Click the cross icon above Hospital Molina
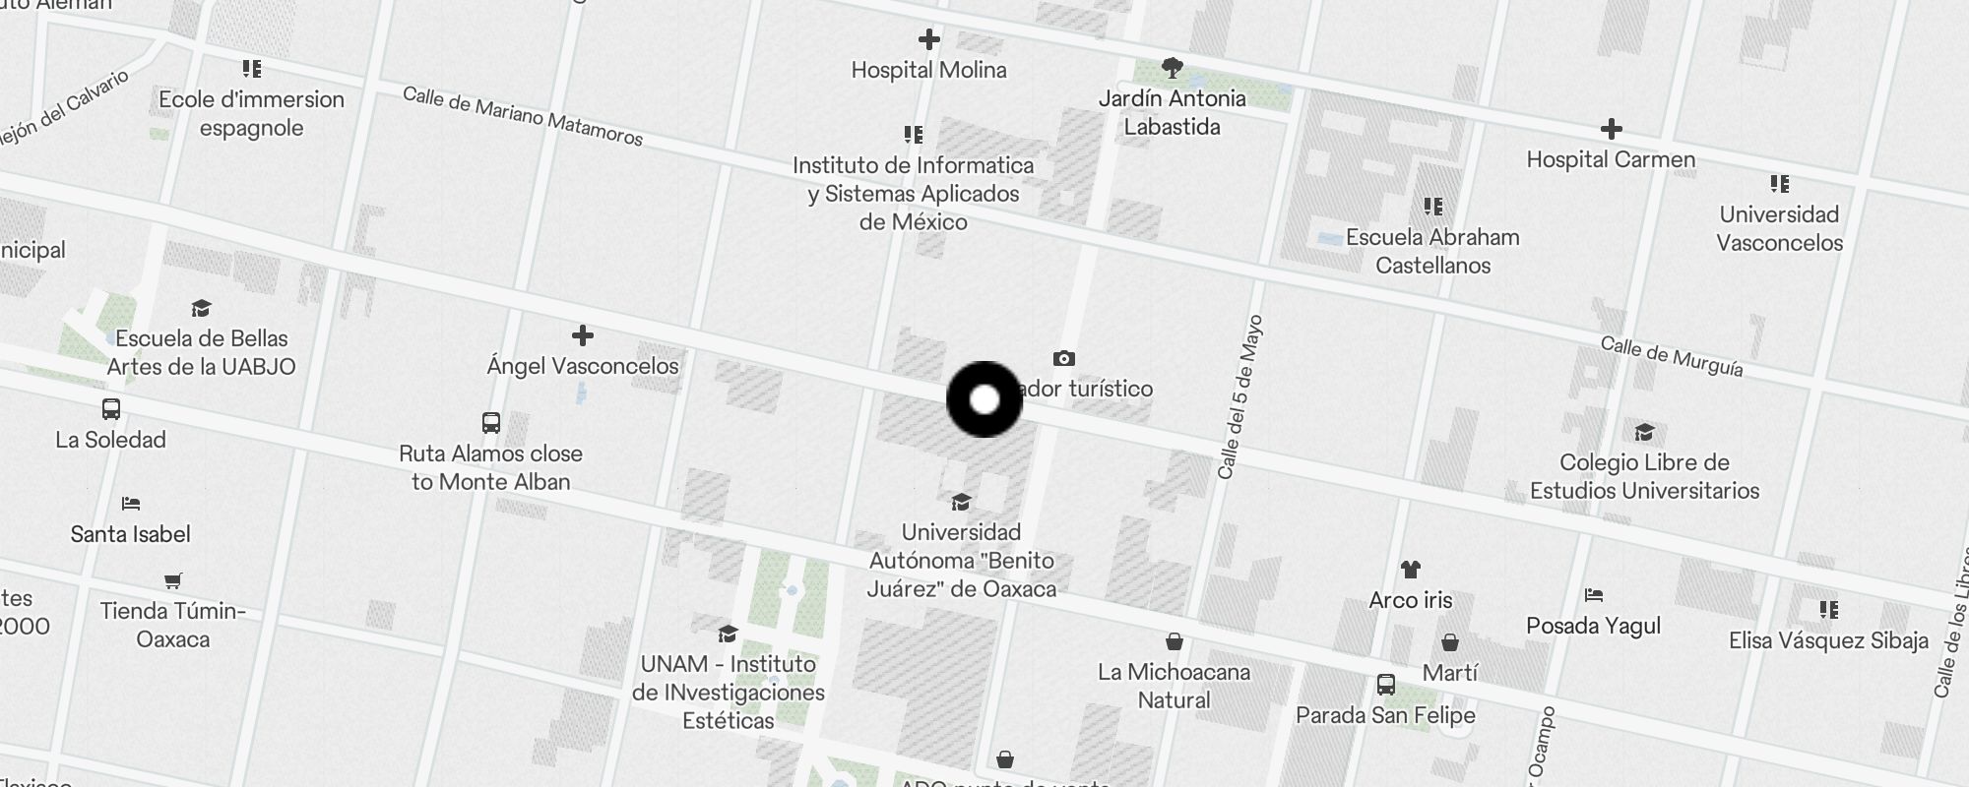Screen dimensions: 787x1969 (928, 39)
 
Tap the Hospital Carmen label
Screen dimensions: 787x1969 (1611, 159)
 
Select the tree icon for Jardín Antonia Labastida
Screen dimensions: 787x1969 (1172, 68)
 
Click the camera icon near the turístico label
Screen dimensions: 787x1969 (1063, 358)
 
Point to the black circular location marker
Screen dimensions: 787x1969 (984, 399)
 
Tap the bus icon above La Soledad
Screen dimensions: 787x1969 (111, 409)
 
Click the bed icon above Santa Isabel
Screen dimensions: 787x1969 (131, 504)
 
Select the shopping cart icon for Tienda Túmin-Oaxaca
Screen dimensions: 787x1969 (173, 580)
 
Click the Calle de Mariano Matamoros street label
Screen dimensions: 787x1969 (523, 116)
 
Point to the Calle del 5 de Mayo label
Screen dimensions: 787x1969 (1239, 396)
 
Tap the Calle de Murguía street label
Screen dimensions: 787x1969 (1671, 356)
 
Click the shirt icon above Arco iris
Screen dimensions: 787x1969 (1411, 569)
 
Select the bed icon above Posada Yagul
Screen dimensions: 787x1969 (1594, 594)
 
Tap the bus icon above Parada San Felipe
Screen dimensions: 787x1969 (1385, 684)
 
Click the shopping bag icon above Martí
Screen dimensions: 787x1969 (1450, 642)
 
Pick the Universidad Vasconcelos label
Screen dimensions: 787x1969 (1779, 228)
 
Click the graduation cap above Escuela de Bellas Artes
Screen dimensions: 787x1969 (202, 309)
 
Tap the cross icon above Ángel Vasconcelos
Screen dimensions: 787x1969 (583, 335)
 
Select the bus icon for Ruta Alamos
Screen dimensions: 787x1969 (491, 423)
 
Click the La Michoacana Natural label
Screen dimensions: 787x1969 (1174, 686)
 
